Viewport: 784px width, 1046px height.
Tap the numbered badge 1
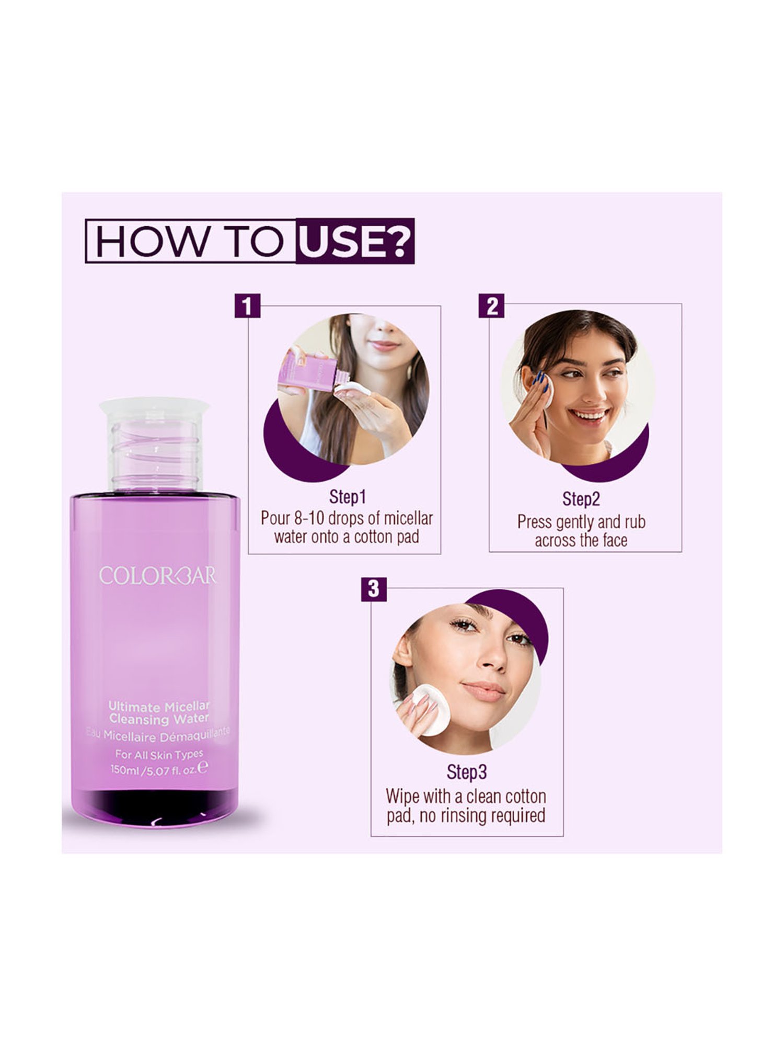point(247,305)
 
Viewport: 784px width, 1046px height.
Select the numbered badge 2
point(491,305)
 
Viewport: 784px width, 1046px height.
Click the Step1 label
point(348,497)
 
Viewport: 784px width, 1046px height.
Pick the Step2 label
point(581,499)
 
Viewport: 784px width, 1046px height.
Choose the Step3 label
point(466,772)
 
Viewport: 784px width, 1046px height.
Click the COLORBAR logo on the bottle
point(157,576)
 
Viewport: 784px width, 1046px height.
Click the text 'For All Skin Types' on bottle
point(159,754)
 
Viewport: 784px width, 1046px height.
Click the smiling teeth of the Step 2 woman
point(589,415)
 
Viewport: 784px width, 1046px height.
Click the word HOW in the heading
point(151,241)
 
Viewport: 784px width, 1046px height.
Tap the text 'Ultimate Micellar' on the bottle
point(158,707)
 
